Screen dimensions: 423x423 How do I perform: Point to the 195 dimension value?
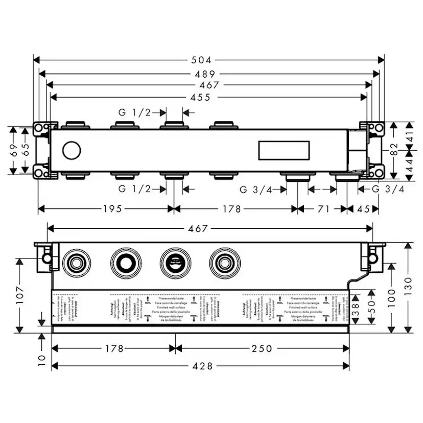pos(112,209)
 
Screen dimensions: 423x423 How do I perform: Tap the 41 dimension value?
pos(409,135)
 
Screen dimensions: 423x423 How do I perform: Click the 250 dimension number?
pos(262,349)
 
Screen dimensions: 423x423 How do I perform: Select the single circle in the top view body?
pos(71,151)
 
